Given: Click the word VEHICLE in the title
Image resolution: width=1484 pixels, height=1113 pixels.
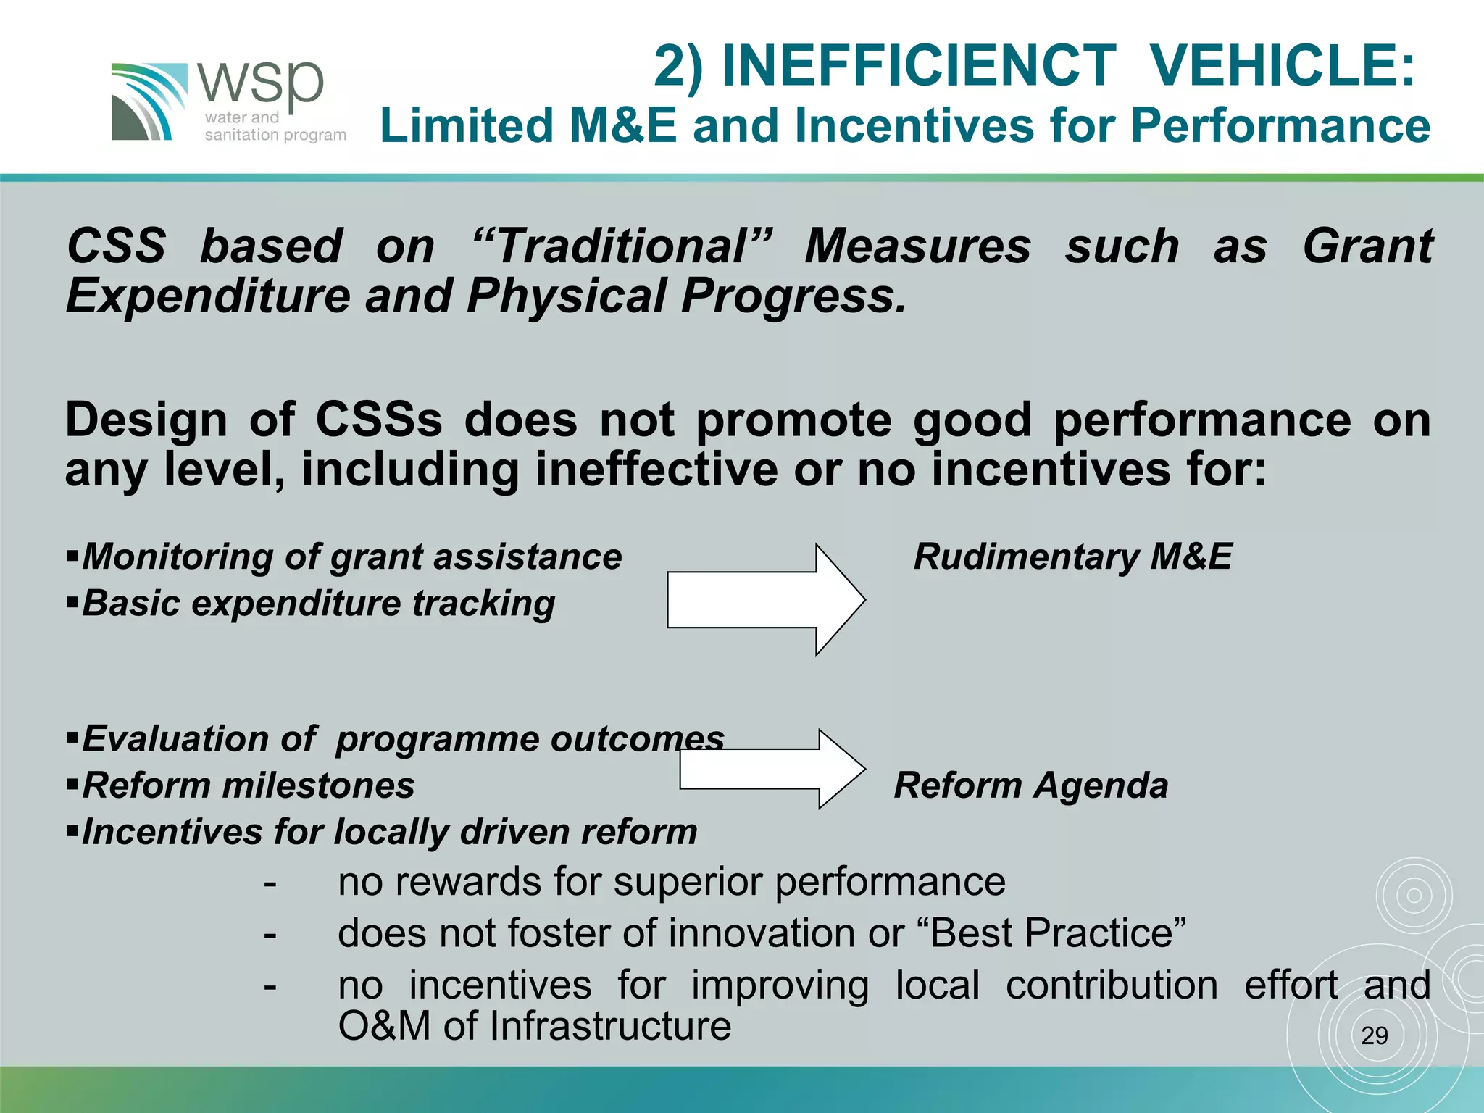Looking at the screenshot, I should coord(1283,67).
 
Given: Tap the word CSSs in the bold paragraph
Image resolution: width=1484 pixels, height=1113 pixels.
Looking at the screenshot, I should coord(378,420).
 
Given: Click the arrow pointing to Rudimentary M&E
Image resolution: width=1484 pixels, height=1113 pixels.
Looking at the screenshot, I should coord(765,600).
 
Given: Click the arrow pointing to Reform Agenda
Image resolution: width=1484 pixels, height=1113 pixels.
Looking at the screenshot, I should coord(772,769).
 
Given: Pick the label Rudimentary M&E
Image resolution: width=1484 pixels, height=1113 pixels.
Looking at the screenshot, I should coord(1072,557).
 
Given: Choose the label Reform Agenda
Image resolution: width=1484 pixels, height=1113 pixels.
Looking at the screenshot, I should coord(1030,785).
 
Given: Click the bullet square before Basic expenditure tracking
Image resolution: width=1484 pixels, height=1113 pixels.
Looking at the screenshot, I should coord(72,601).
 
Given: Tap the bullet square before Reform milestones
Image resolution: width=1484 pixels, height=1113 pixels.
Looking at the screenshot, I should coord(72,784).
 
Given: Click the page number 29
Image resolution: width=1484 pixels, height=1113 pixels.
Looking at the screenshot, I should coord(1374,1036).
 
